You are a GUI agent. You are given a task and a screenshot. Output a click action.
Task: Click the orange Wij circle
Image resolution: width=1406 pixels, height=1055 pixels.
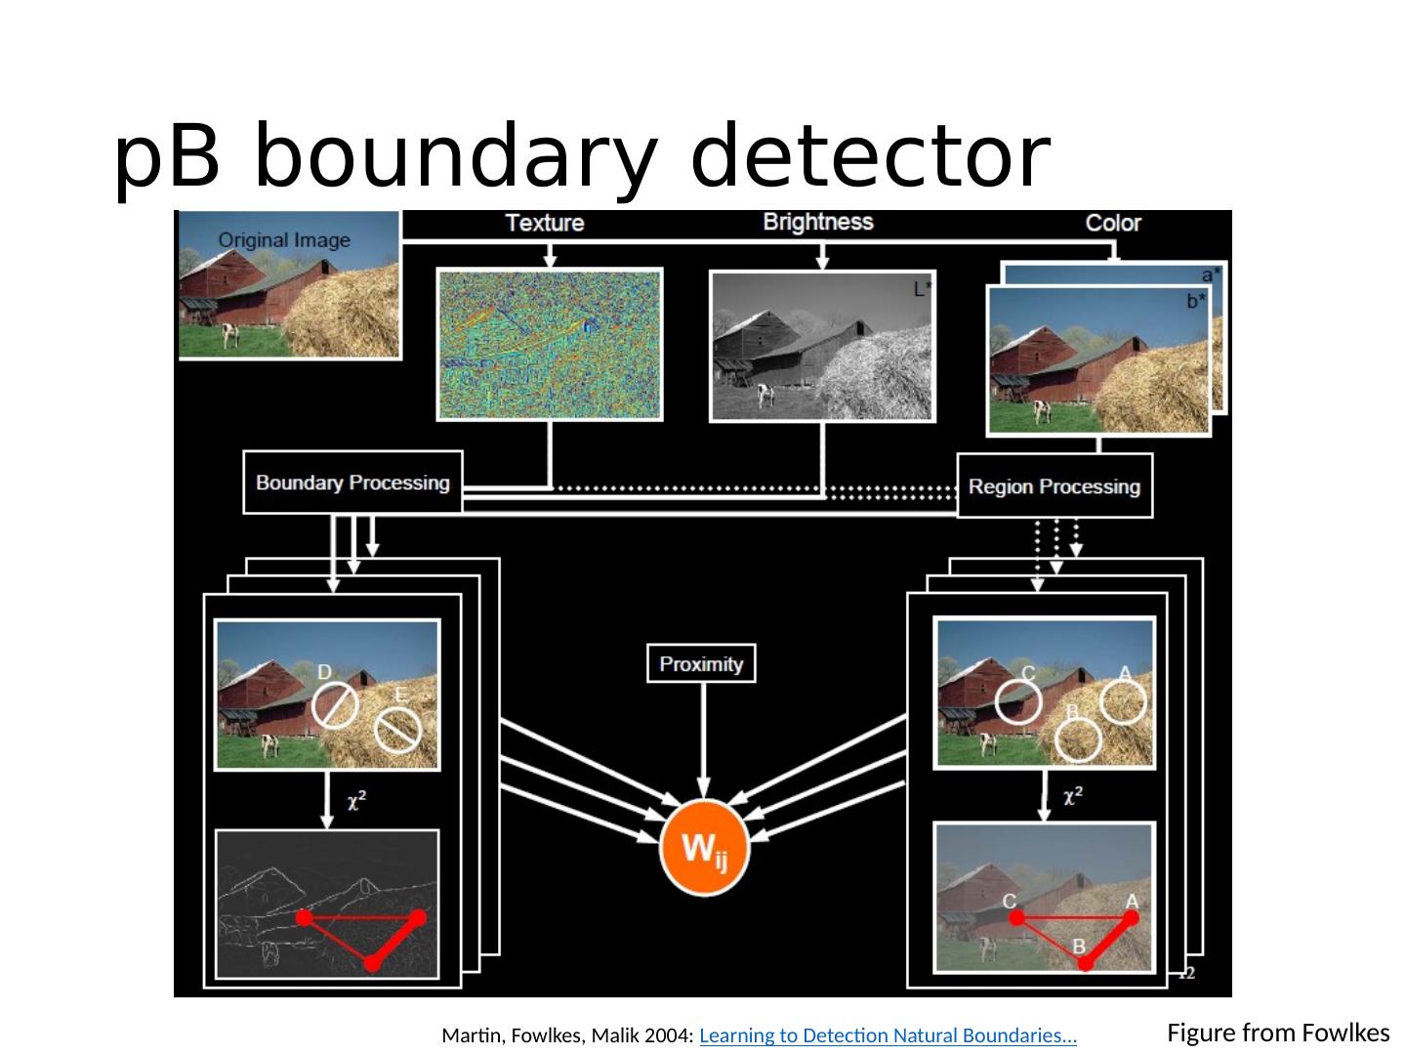(x=704, y=850)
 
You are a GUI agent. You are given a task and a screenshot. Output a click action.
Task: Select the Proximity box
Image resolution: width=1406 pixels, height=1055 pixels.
(x=701, y=664)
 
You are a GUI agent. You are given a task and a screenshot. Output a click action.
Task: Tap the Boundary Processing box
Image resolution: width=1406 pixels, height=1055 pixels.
(x=352, y=483)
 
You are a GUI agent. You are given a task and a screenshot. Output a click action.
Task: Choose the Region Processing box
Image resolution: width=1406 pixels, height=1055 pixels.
(x=1054, y=486)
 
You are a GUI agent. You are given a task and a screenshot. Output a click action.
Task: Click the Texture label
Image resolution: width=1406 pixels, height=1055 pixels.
(x=545, y=223)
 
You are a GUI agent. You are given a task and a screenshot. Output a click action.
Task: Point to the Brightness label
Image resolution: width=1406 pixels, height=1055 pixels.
(x=818, y=222)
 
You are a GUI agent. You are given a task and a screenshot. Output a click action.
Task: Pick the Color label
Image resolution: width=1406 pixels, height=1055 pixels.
(x=1113, y=223)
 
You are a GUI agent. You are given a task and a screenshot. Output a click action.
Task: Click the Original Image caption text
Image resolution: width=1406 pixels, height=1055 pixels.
(x=283, y=239)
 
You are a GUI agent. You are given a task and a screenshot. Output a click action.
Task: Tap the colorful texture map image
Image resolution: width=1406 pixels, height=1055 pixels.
(x=550, y=344)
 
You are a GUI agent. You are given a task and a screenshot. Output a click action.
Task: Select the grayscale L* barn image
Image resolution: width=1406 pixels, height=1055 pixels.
(x=822, y=346)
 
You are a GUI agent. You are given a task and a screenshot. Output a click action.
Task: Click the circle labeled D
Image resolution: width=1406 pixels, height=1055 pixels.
(x=335, y=704)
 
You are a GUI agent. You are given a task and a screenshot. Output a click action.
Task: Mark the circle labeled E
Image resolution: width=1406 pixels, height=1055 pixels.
(x=397, y=730)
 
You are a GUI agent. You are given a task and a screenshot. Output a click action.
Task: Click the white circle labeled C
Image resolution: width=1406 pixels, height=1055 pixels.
(x=1018, y=701)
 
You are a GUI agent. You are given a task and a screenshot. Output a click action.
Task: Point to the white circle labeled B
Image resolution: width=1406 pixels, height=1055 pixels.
(x=1078, y=739)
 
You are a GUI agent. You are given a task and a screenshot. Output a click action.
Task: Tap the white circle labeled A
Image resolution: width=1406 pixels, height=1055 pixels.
(x=1123, y=701)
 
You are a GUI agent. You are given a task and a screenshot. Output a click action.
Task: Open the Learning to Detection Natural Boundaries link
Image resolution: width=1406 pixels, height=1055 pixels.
(x=888, y=1035)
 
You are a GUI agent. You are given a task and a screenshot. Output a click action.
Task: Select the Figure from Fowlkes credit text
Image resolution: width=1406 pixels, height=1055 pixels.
(x=1278, y=1033)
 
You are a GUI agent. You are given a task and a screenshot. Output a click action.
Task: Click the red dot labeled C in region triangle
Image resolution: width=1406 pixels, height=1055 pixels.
(x=1017, y=918)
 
